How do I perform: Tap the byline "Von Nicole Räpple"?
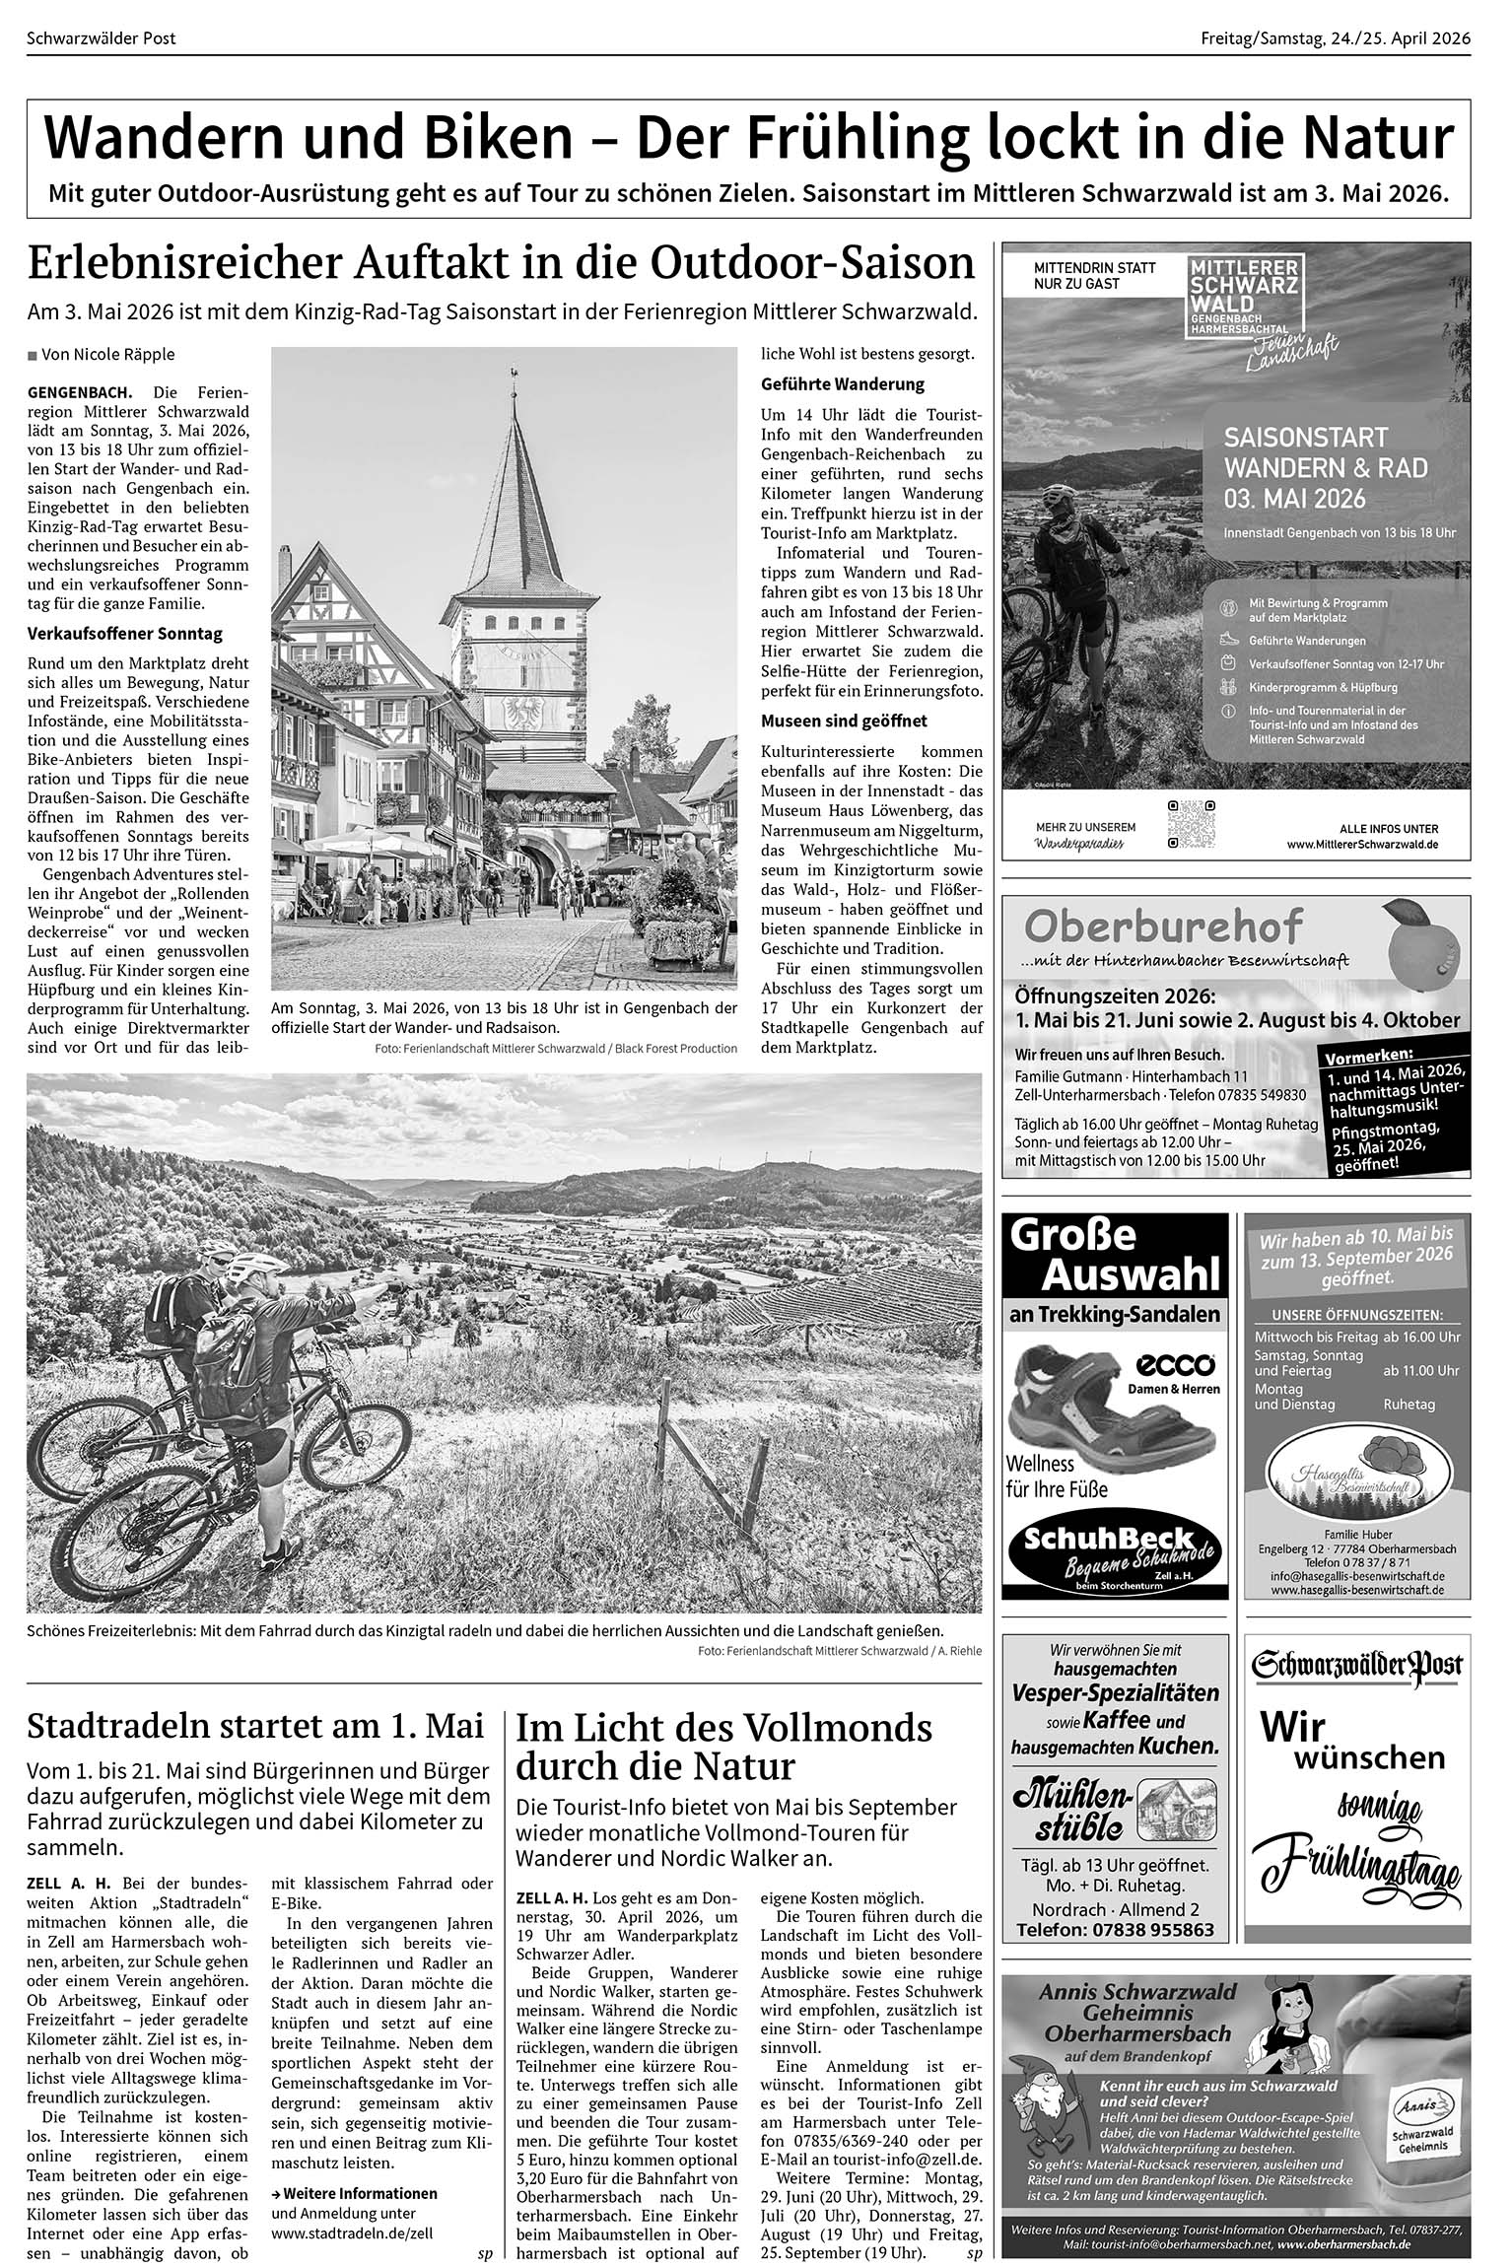(x=107, y=354)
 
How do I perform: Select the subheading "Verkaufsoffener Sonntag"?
(x=125, y=634)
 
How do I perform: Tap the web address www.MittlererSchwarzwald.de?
(x=1362, y=845)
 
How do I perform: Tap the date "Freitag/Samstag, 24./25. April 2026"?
(x=1335, y=38)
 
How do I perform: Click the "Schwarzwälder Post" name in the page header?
(x=103, y=38)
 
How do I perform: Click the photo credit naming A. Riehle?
(x=839, y=1651)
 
